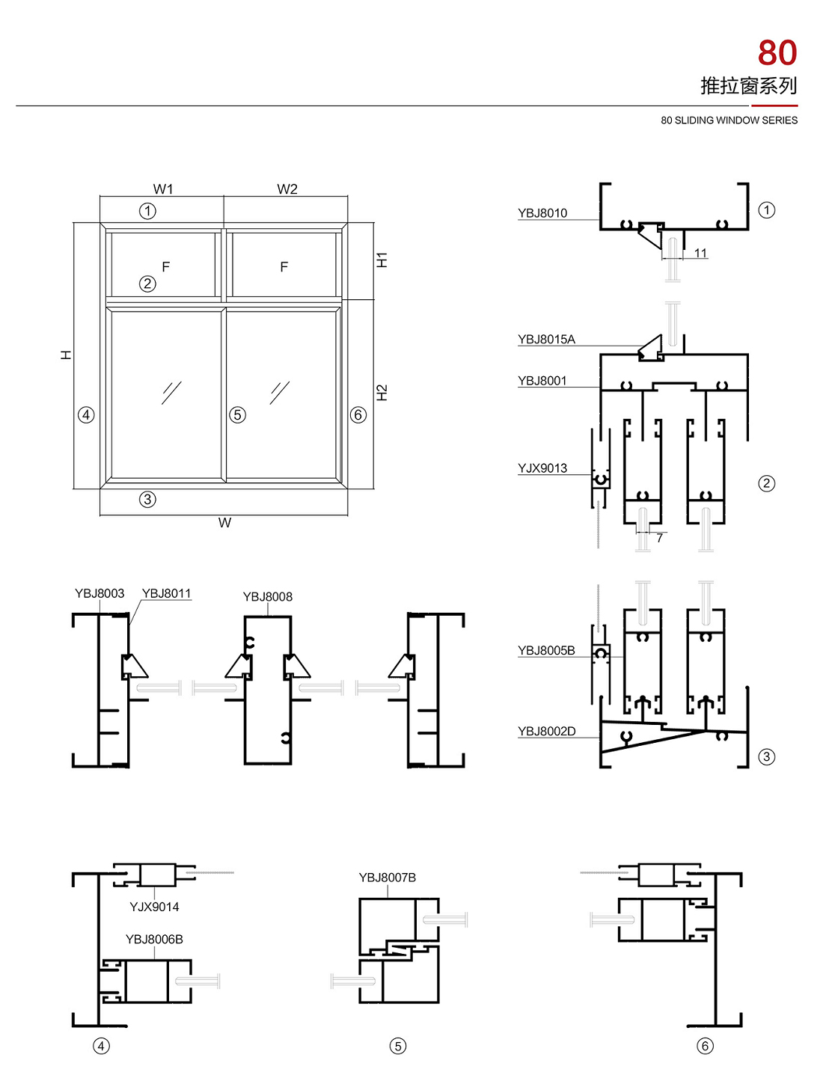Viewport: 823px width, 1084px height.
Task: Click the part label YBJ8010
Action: pos(542,213)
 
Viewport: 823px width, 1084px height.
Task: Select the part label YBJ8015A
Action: pos(546,340)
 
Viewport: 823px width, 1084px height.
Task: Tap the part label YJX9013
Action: pos(542,468)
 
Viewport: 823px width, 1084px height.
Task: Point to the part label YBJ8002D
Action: pos(547,732)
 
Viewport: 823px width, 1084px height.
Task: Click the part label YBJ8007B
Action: pos(387,878)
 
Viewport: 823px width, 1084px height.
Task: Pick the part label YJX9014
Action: pos(154,907)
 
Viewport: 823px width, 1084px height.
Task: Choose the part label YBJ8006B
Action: pos(154,940)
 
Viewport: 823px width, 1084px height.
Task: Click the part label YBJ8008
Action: pos(267,597)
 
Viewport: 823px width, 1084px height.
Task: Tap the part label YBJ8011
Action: pos(166,594)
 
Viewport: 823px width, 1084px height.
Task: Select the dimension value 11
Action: pos(700,254)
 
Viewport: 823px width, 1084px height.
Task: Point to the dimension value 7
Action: pos(659,538)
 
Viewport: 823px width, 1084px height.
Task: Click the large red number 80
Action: pos(777,54)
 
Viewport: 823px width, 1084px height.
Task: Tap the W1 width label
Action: pos(163,189)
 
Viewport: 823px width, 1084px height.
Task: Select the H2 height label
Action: pos(382,393)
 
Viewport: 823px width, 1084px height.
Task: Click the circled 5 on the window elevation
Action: pos(238,414)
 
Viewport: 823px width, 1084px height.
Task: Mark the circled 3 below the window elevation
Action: pos(147,499)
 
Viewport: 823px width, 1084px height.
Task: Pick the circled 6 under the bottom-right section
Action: pos(705,1046)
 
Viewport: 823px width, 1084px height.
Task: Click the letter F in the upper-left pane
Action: pos(166,266)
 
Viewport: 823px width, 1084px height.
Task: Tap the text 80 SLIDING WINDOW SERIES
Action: pos(729,120)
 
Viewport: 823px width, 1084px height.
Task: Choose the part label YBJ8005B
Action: pos(546,651)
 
